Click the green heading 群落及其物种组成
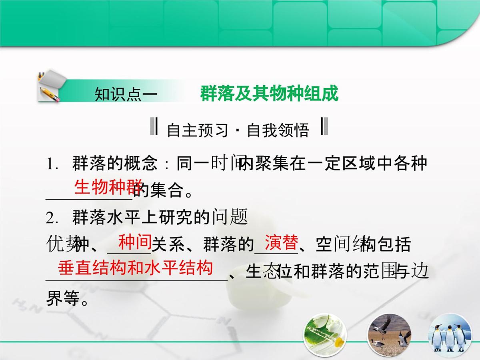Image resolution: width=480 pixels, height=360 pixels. point(269,94)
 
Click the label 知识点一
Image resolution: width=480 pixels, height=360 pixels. point(124,95)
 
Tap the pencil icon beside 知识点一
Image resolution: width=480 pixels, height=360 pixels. point(50,87)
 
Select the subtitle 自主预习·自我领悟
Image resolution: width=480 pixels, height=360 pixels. point(238,130)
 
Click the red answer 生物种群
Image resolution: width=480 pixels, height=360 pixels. point(107,187)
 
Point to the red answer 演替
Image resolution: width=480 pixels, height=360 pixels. point(282,242)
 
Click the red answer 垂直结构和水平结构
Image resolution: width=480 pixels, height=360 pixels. point(135,268)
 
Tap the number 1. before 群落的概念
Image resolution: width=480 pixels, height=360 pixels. point(54,164)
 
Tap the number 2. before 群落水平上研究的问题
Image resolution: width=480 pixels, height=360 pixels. point(54,218)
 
